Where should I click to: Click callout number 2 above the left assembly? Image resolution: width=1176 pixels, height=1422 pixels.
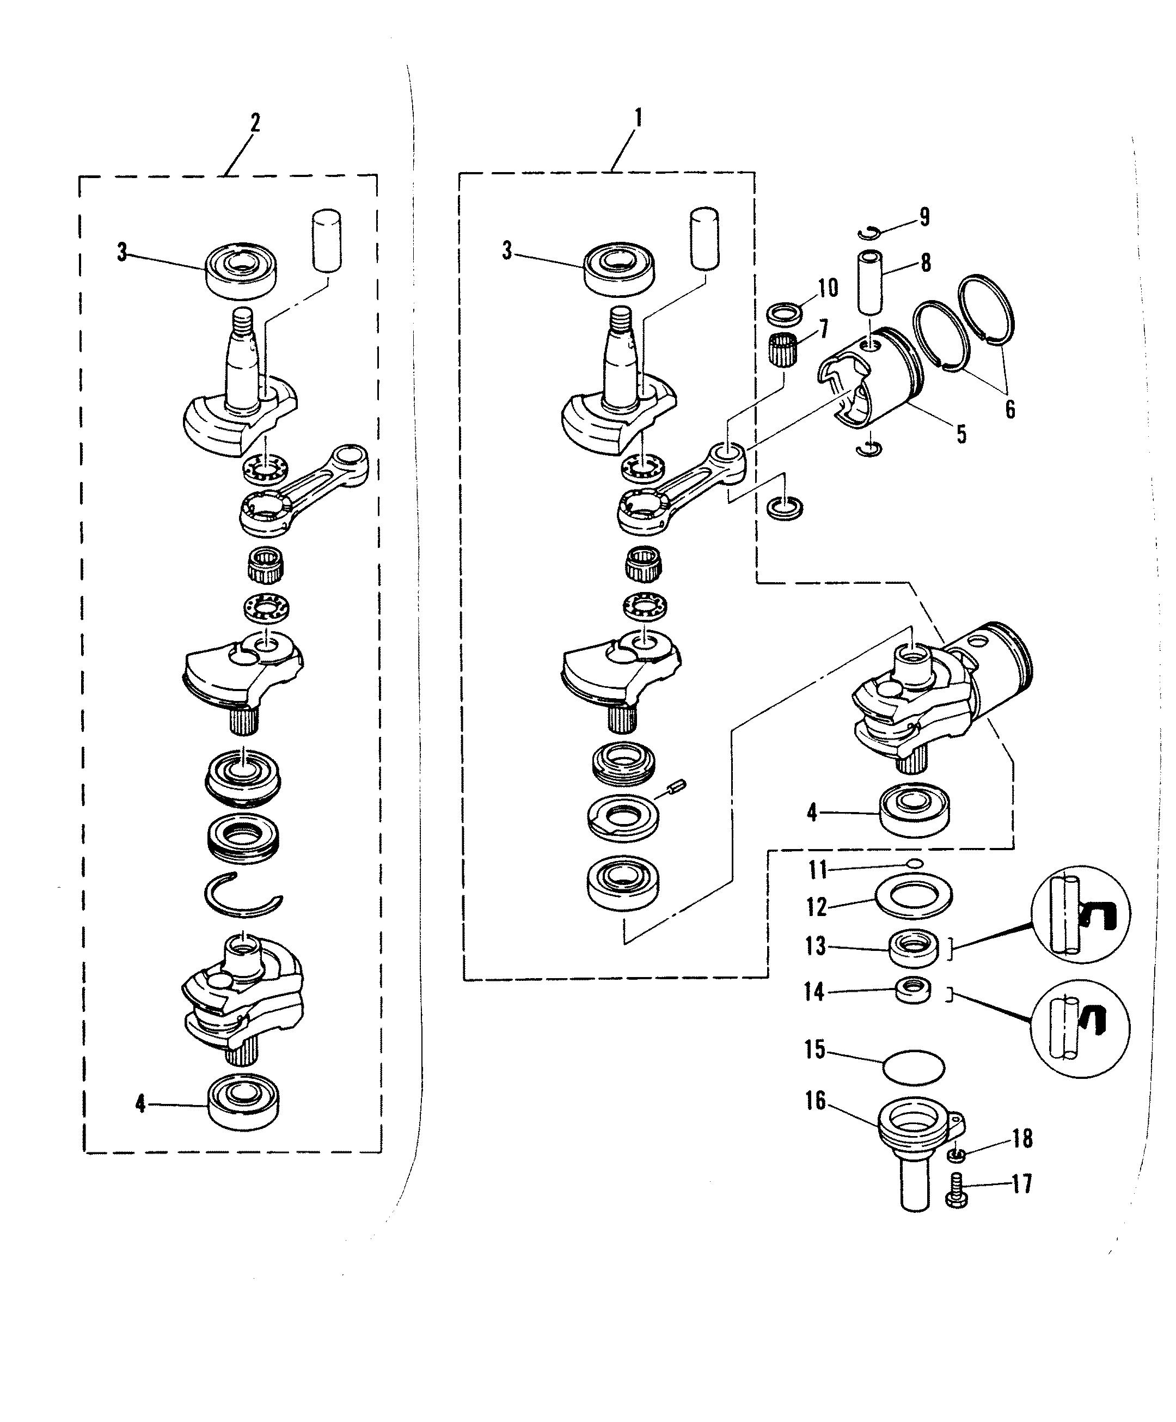255,123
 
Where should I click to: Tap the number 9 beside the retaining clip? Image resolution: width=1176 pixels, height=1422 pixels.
923,217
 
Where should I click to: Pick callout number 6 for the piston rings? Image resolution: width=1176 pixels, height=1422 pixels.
1009,409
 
